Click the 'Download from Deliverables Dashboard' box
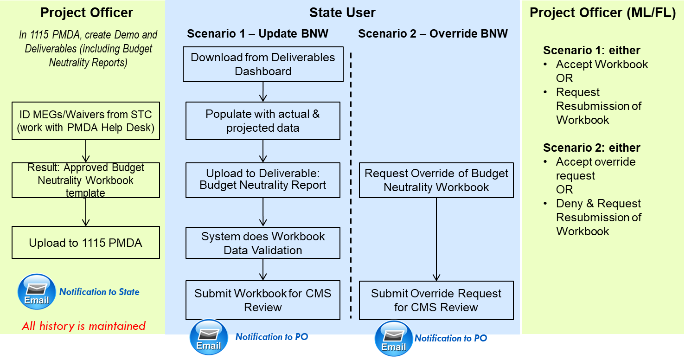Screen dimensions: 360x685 point(263,64)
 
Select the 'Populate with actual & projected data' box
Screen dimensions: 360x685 point(263,121)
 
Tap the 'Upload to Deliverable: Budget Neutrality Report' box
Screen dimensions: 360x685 point(263,180)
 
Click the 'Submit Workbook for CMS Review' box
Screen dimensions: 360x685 point(263,300)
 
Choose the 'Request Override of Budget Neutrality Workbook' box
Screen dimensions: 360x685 point(436,180)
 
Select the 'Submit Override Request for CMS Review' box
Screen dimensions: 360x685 point(436,300)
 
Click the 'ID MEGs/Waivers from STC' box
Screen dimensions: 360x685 point(86,121)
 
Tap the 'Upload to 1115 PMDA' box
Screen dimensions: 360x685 point(86,243)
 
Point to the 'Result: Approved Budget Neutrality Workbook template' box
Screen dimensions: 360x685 point(86,180)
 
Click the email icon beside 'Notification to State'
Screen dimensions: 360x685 point(37,292)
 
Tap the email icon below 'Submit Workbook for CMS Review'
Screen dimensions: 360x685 point(209,337)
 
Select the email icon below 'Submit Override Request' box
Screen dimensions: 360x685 point(394,339)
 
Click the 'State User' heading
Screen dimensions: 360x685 point(342,13)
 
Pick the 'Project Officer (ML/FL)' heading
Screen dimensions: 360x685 point(602,13)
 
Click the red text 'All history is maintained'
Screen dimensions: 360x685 point(84,326)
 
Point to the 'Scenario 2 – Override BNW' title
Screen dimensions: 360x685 point(433,33)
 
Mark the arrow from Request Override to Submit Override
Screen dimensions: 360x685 point(436,239)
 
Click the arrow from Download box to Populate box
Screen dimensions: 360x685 point(263,92)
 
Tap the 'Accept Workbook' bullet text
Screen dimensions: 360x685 point(602,64)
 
